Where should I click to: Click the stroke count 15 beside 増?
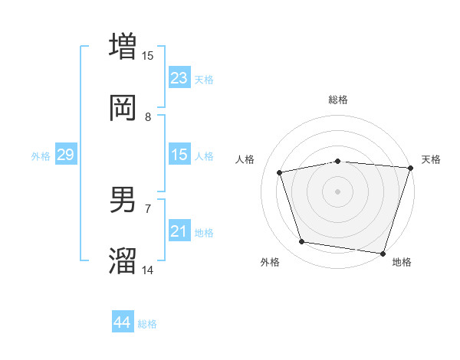click(148, 55)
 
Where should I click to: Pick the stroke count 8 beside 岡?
click(148, 117)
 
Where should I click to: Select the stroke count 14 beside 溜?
click(148, 270)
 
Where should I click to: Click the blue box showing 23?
click(179, 78)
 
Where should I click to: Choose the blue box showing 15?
click(179, 155)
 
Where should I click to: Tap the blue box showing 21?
click(179, 231)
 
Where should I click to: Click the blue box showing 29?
click(65, 155)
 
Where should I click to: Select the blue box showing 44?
click(122, 322)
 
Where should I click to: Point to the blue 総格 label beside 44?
click(147, 324)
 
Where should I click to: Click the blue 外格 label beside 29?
click(41, 156)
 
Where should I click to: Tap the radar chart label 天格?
click(431, 159)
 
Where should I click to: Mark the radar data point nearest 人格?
click(280, 172)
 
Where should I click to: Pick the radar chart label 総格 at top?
click(338, 100)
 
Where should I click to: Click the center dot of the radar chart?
click(337, 191)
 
